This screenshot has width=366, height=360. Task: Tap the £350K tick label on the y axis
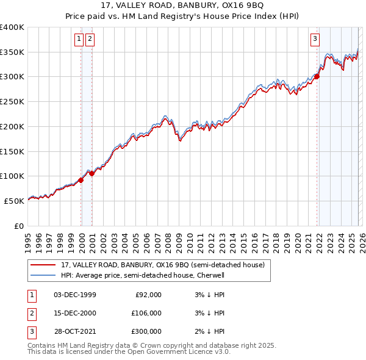[x=12, y=52]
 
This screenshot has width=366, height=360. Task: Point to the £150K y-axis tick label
[x=12, y=151]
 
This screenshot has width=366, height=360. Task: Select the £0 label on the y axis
[x=19, y=226]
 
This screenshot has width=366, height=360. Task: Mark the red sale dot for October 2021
[x=317, y=76]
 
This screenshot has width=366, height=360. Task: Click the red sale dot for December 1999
[x=81, y=180]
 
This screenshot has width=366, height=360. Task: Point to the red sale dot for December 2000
[x=92, y=173]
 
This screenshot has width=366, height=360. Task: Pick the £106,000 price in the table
[x=146, y=313]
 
